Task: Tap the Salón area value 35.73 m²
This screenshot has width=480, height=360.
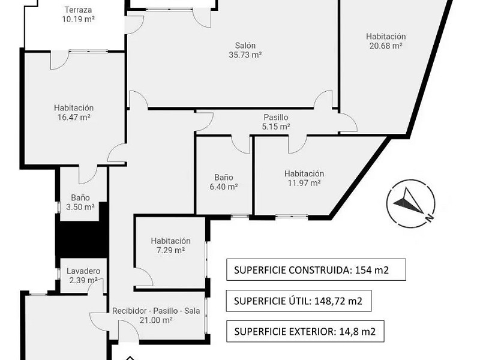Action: click(x=245, y=55)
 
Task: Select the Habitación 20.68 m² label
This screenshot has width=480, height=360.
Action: click(x=386, y=41)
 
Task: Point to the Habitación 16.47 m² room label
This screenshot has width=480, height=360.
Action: click(x=74, y=112)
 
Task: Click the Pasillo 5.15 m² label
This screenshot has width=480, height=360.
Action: click(x=276, y=122)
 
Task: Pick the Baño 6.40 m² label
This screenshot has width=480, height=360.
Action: click(x=224, y=182)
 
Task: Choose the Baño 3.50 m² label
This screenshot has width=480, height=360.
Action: click(x=80, y=202)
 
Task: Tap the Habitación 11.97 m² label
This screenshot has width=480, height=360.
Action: click(x=304, y=178)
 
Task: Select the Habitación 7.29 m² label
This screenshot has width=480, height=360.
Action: click(x=170, y=245)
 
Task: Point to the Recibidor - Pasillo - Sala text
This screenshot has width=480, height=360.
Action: click(x=156, y=311)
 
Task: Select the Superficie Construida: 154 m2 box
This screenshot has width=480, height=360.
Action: click(x=316, y=269)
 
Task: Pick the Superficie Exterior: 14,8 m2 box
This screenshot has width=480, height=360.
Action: click(x=305, y=331)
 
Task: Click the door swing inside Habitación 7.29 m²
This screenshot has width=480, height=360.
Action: click(x=144, y=277)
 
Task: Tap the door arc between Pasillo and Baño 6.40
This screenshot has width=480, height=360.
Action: click(x=242, y=145)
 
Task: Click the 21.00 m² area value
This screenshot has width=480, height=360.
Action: click(x=156, y=320)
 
